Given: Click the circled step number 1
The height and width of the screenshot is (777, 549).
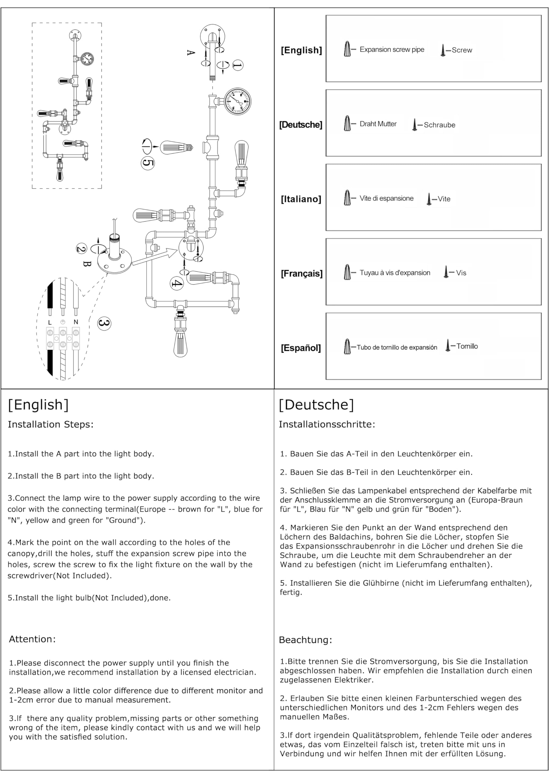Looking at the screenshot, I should [237, 65].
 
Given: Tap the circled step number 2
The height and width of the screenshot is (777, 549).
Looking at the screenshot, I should [81, 249].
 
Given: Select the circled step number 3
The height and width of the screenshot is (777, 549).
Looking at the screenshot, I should [104, 323].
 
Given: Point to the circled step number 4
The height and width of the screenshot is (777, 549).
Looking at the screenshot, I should [177, 283].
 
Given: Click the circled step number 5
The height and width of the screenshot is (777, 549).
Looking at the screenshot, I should [147, 163].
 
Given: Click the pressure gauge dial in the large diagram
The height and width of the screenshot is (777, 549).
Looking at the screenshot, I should [238, 101].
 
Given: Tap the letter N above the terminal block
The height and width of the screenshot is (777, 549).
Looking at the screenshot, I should [76, 322].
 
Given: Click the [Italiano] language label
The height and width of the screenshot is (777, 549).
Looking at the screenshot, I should [301, 199].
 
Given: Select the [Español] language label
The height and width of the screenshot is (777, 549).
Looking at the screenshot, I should [301, 348].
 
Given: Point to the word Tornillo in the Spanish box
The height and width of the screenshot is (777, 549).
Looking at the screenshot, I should [467, 346].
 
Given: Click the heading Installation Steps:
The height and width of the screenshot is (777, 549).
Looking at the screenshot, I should [50, 424].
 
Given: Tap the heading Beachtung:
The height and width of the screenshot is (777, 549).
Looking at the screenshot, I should [305, 640].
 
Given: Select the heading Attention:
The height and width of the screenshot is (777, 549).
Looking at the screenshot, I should [32, 639].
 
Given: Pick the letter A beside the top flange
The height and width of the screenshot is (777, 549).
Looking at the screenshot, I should [191, 53].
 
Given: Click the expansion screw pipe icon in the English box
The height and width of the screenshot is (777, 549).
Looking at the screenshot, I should [347, 49].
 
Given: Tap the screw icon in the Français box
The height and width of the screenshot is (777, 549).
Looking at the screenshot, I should [446, 272].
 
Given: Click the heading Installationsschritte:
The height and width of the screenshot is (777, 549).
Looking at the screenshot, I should [327, 424].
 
